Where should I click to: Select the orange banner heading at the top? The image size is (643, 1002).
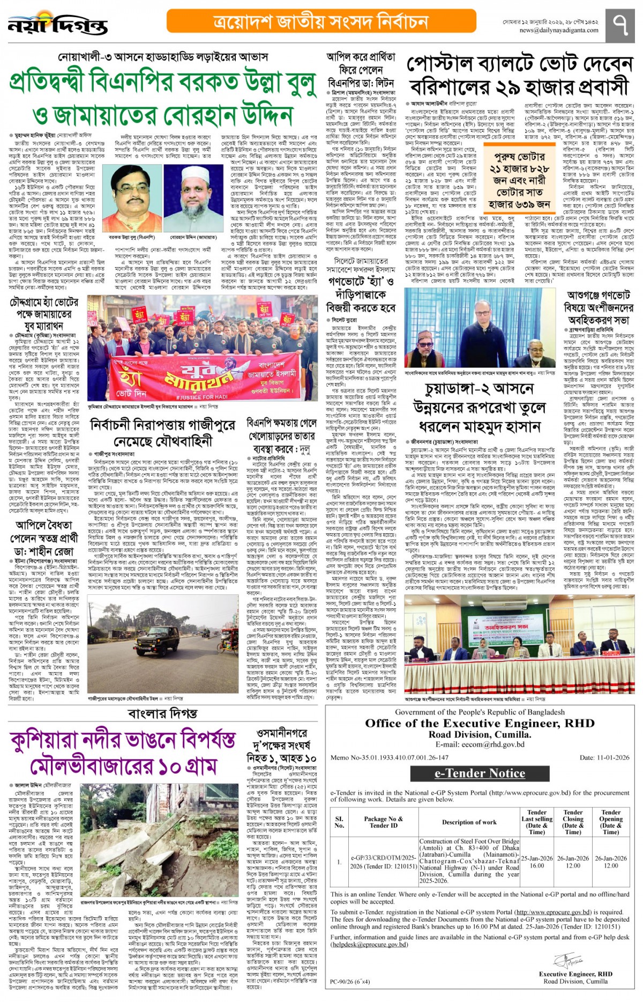point(322,21)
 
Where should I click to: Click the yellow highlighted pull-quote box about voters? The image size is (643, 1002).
point(519,180)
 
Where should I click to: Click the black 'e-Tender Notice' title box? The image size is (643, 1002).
point(480,773)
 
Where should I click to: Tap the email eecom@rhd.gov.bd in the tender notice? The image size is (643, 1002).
point(480,745)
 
